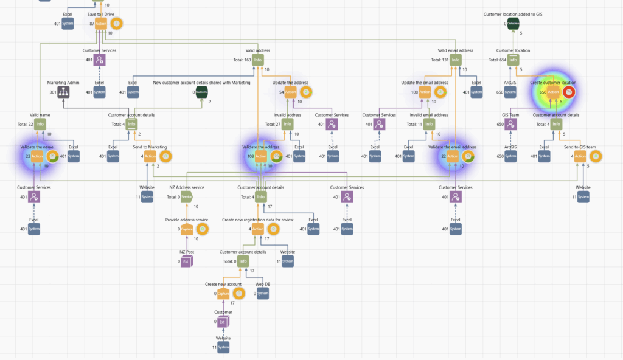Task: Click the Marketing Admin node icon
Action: click(63, 92)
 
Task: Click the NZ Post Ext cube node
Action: click(186, 261)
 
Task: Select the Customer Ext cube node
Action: click(222, 322)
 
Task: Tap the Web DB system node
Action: click(262, 293)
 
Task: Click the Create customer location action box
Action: click(552, 92)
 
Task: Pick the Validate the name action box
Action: click(38, 156)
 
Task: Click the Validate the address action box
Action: click(261, 156)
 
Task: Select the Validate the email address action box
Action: click(452, 156)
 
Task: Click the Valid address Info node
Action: click(258, 60)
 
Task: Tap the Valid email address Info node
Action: click(455, 60)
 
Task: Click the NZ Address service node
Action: click(187, 196)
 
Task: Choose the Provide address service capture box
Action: click(187, 229)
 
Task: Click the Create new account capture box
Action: click(223, 293)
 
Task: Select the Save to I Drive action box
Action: click(101, 24)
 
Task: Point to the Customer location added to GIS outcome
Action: click(513, 24)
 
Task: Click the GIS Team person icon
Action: click(510, 124)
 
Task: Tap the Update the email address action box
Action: click(425, 92)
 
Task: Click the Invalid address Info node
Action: click(287, 124)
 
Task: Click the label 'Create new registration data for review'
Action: click(257, 220)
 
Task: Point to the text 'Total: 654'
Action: click(498, 60)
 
